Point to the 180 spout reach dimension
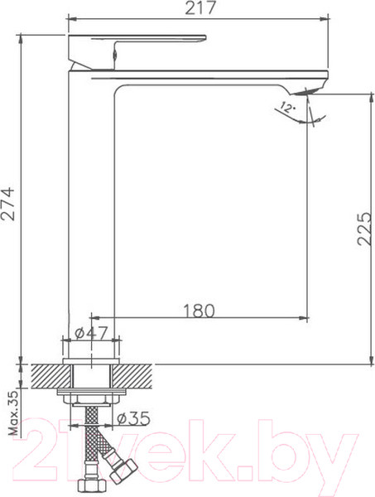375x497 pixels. click(199, 311)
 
